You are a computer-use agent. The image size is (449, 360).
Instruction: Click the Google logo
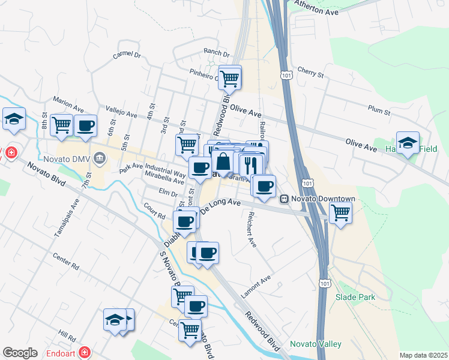click(20, 353)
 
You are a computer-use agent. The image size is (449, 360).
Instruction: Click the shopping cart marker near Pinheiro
click(229, 77)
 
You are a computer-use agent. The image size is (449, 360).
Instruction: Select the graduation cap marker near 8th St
click(14, 119)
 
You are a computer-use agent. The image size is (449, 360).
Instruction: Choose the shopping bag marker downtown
click(223, 161)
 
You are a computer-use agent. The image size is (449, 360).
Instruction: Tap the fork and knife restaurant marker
click(252, 164)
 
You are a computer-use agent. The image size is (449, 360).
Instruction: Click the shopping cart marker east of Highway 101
click(340, 212)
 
